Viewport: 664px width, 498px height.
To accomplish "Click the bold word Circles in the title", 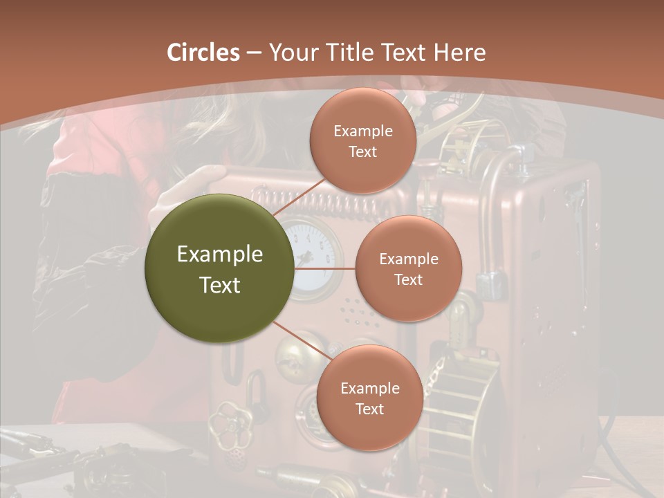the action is [203, 53].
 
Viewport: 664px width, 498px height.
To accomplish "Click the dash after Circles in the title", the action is [254, 53].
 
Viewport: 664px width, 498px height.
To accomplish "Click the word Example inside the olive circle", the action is [220, 255].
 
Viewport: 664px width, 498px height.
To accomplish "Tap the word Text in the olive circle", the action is [220, 285].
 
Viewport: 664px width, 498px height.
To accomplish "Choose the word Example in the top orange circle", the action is [363, 131].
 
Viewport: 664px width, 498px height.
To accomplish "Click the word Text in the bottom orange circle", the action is [369, 409].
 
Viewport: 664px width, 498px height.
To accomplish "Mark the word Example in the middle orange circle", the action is [408, 259].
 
